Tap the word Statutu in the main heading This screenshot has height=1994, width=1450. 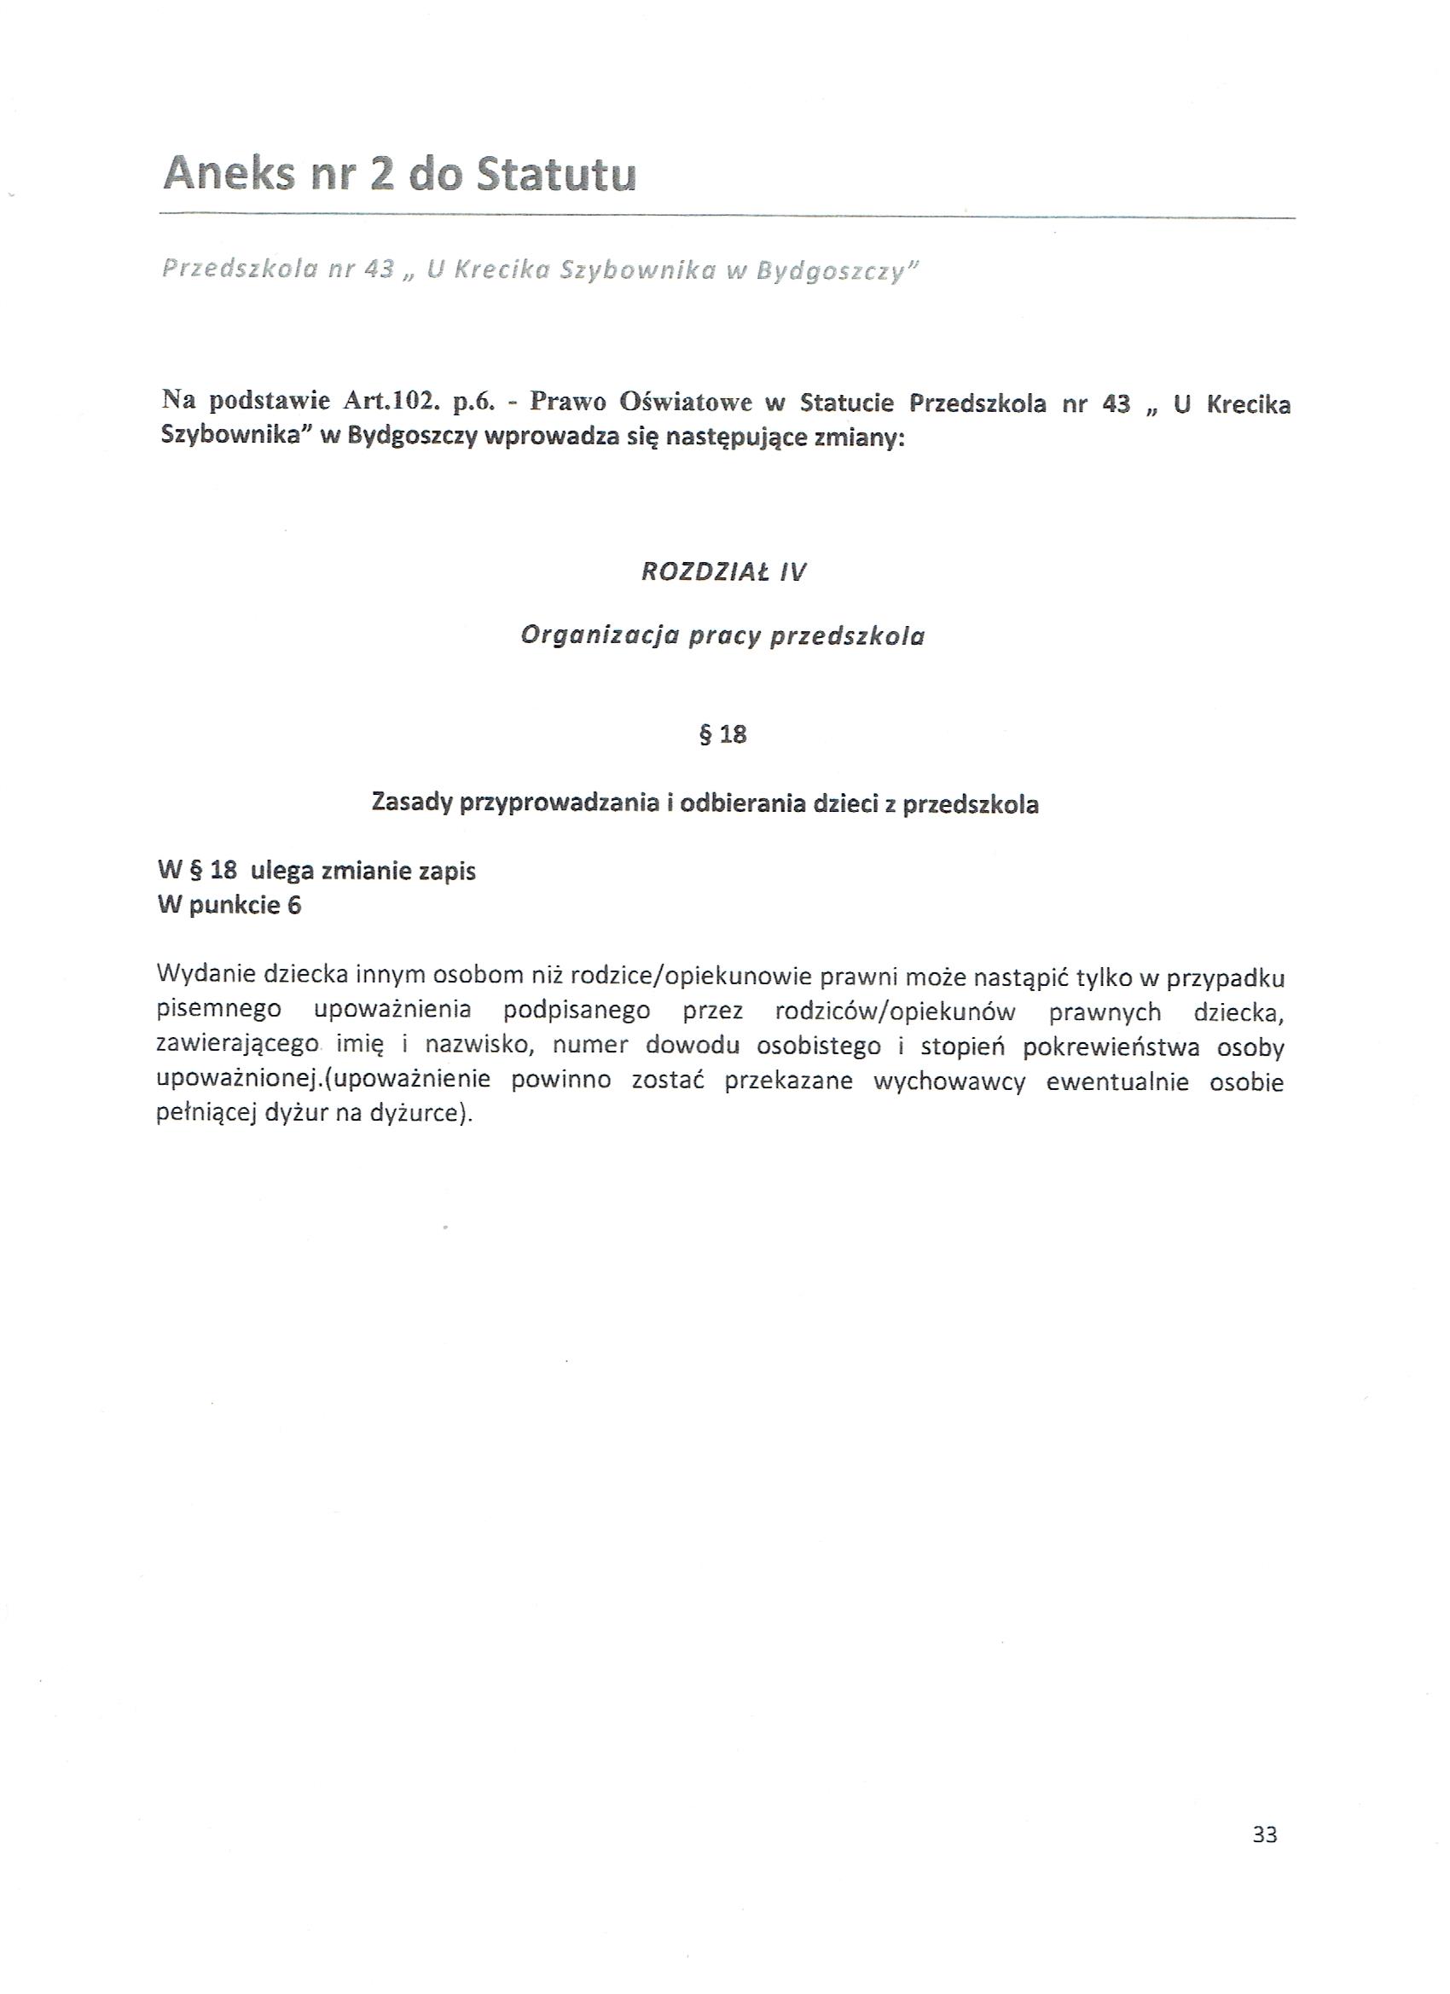coord(556,174)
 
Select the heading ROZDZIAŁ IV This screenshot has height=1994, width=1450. coord(723,572)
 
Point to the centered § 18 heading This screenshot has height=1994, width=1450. coord(722,734)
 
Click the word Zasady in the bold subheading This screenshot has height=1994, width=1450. coord(411,803)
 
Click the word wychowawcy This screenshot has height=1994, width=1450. coord(949,1081)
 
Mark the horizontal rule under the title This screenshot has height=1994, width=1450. coord(727,217)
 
